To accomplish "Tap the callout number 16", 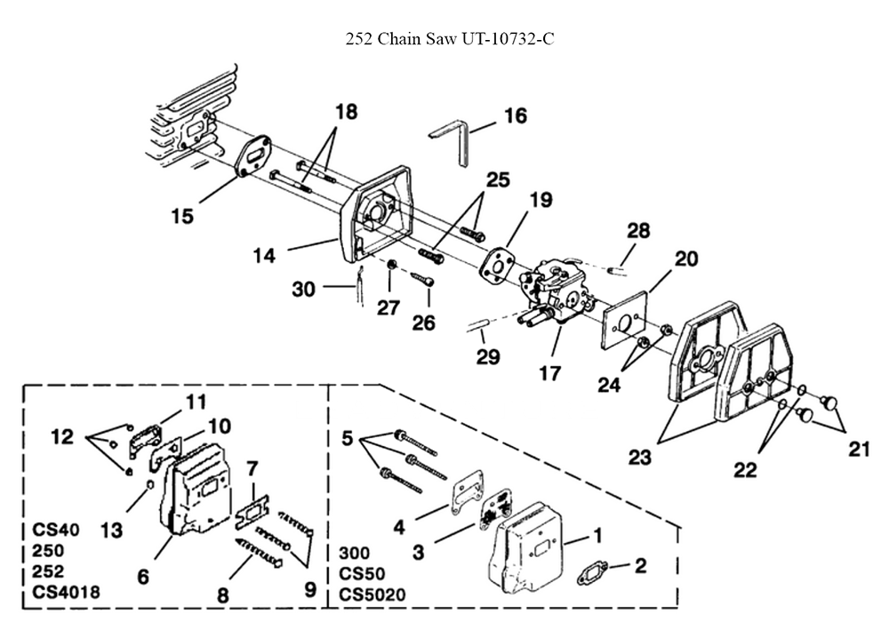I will pos(515,116).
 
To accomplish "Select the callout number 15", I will pos(182,216).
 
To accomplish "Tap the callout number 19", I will pos(541,201).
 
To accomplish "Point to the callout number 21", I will pos(857,449).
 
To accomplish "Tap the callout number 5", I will pos(347,439).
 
